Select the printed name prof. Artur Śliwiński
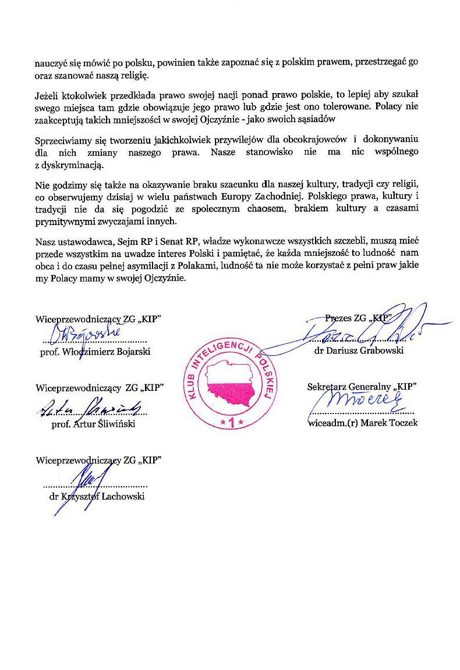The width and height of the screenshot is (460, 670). click(93, 424)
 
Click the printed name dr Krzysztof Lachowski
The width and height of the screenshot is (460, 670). click(97, 496)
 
